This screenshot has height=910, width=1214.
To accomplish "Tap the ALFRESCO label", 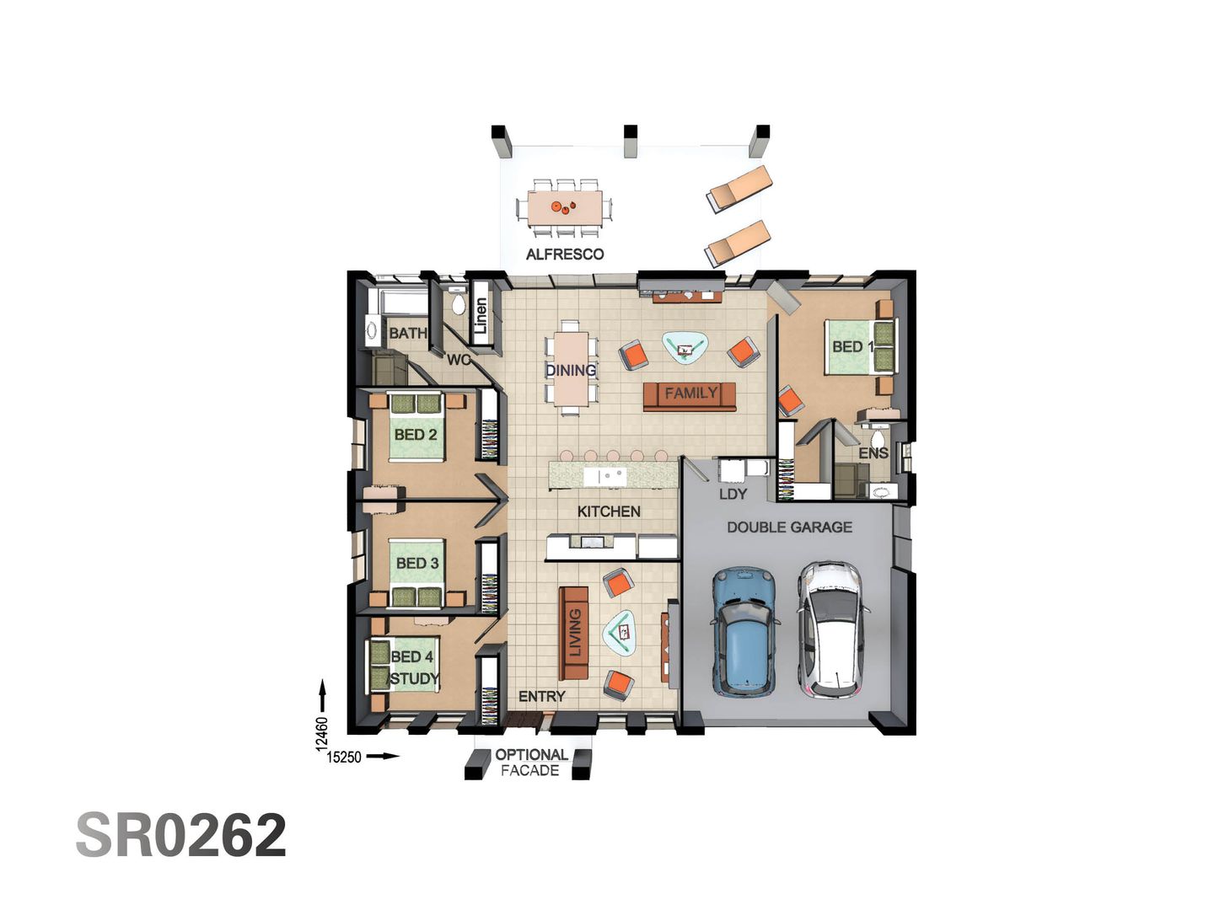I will (565, 254).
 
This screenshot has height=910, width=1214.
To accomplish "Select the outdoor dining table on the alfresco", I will (565, 206).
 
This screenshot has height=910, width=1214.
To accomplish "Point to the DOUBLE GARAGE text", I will (789, 527).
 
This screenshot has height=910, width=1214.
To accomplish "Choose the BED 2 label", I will (416, 435).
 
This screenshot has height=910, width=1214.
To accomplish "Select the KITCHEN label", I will (609, 511).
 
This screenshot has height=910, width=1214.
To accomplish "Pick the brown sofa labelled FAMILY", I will (690, 395).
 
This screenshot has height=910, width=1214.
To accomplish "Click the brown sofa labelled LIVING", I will (574, 633).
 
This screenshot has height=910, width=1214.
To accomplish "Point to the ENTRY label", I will (541, 696).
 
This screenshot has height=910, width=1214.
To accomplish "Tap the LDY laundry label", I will (733, 494).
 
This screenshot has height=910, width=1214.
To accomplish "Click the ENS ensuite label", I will (873, 452).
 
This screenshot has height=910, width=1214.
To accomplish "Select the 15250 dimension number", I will (344, 757).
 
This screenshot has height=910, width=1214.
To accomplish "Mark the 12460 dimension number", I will (321, 733).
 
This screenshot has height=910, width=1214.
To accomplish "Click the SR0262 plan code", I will (181, 836).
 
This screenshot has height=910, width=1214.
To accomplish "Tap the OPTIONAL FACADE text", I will (530, 762).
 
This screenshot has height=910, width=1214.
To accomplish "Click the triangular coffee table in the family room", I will (685, 346).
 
